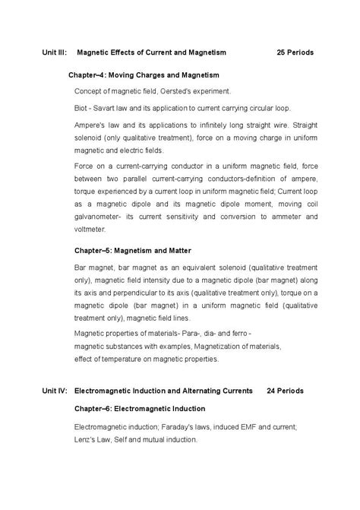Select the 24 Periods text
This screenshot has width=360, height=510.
286,391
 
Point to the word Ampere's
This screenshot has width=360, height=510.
90,125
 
